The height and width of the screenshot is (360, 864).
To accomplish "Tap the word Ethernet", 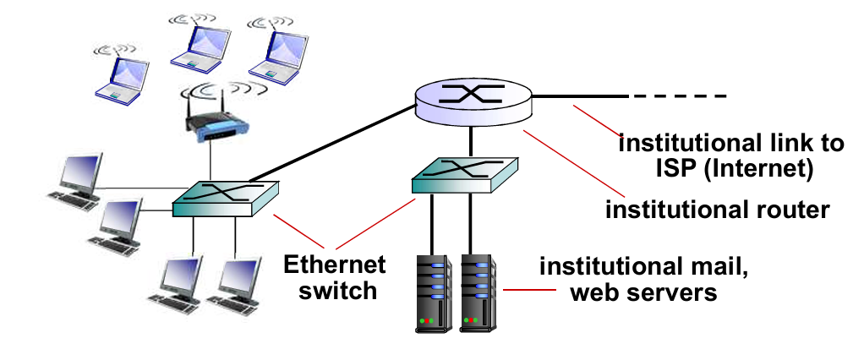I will point(334,265).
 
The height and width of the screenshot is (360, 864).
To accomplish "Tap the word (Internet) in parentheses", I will point(761,169).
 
